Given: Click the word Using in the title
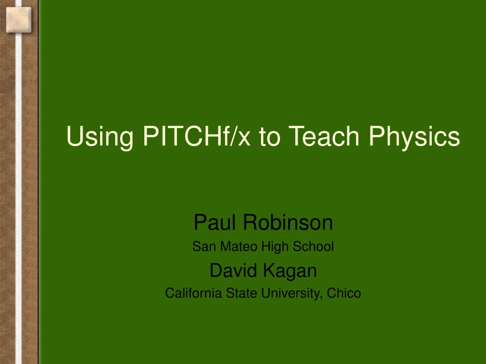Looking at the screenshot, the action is (100, 136).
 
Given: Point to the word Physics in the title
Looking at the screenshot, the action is (414, 136).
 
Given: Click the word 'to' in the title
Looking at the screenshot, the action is (270, 137).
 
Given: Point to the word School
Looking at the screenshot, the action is (313, 246).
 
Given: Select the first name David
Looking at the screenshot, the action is (234, 270).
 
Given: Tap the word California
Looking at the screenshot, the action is (194, 293).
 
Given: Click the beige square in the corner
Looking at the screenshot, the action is (19, 20).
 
